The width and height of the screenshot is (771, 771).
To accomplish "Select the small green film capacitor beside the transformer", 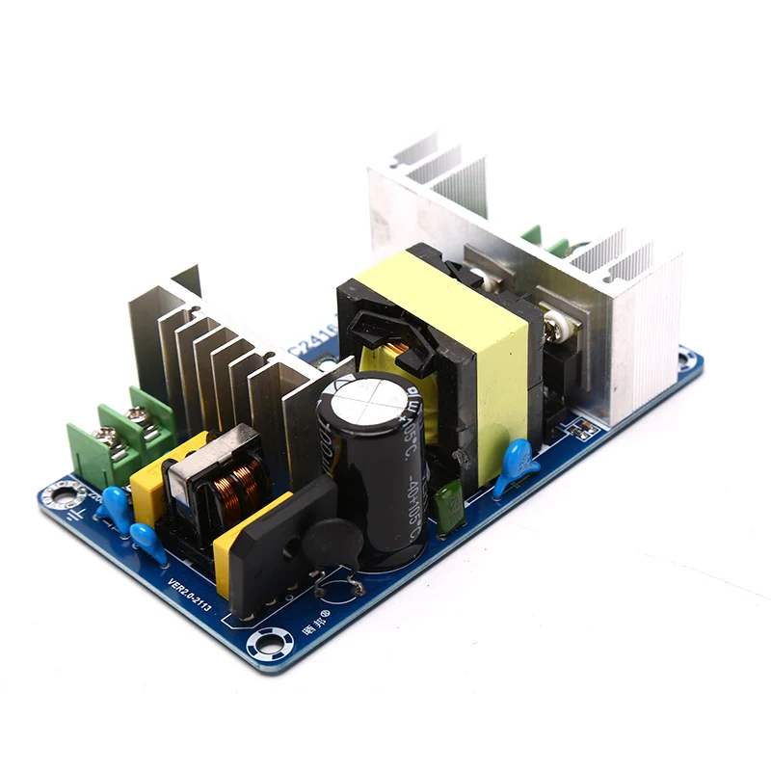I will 446,509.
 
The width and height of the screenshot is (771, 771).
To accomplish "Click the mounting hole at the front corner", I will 264,641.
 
